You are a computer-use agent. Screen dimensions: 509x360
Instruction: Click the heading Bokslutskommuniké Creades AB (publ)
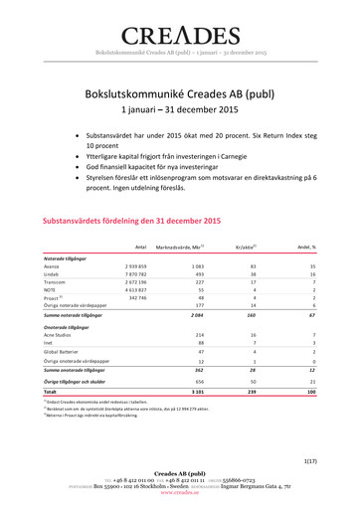pos(180,92)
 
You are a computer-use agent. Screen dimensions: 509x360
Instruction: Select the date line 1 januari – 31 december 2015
pos(180,111)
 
